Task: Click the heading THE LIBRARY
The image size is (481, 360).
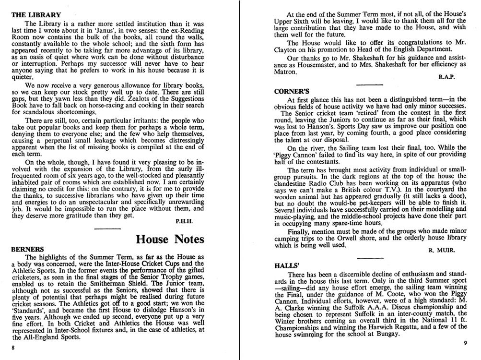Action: pos(36,15)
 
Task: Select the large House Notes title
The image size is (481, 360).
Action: pos(170,239)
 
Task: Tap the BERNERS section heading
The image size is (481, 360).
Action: pos(27,249)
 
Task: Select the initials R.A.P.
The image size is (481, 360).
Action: pos(446,77)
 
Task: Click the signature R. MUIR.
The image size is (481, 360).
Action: pos(442,250)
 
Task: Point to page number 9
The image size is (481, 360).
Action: pos(465,343)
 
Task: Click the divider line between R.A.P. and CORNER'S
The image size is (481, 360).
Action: pos(369,84)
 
